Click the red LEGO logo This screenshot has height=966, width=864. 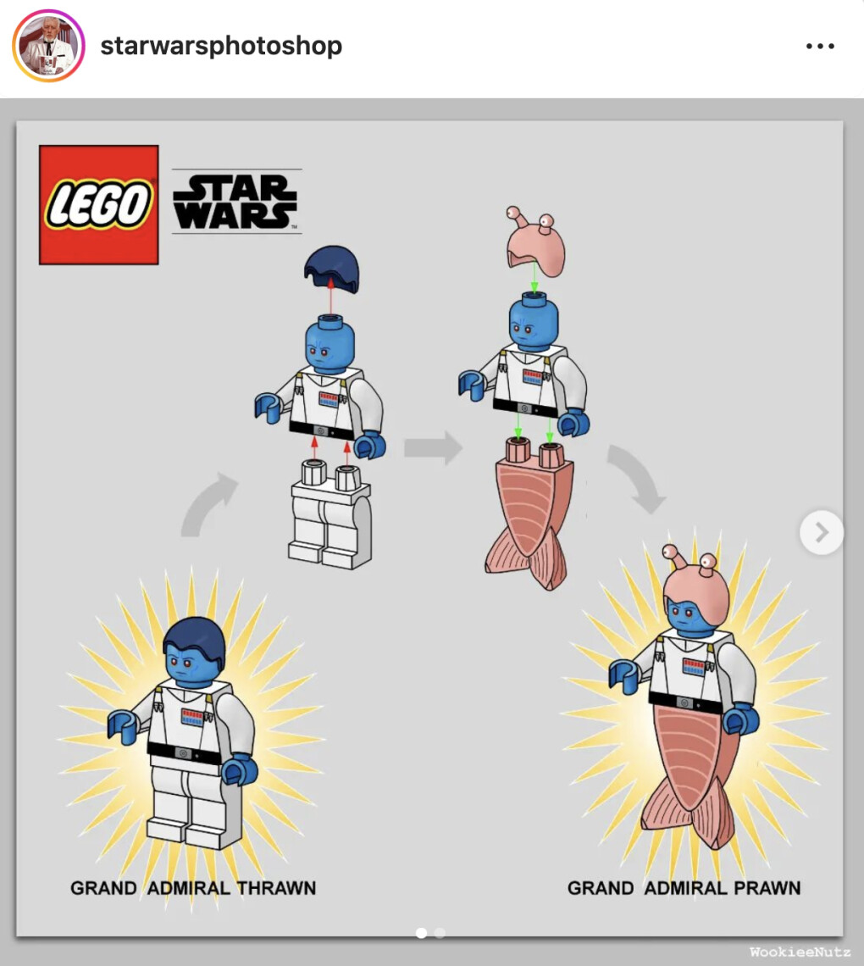click(98, 204)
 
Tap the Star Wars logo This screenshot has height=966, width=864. click(236, 202)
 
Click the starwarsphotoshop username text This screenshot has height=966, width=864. click(221, 46)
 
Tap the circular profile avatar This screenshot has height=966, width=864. click(48, 46)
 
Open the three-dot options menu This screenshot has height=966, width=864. click(820, 47)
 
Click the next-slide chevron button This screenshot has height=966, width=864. click(822, 532)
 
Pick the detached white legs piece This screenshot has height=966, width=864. click(330, 514)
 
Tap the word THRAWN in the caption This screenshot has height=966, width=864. click(276, 888)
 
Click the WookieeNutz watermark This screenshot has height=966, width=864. click(800, 952)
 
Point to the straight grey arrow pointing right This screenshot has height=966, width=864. click(433, 448)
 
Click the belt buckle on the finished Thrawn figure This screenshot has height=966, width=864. click(182, 752)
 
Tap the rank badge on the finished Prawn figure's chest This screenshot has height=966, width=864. click(694, 667)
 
